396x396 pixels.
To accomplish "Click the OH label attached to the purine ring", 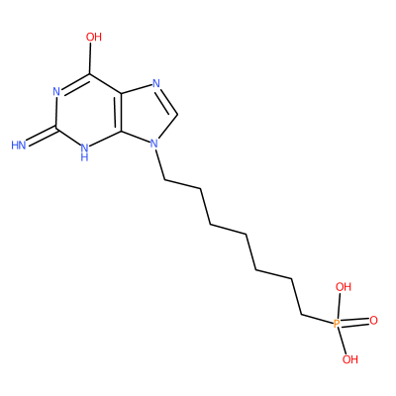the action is click(94, 37).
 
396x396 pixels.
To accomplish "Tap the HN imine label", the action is click(19, 146).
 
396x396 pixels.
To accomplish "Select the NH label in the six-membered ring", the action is click(84, 151).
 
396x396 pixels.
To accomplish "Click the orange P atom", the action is click(337, 324).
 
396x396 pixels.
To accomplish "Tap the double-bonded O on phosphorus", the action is click(373, 320).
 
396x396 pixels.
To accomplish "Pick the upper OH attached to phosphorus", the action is click(344, 287).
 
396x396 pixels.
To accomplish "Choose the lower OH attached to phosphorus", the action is click(350, 359).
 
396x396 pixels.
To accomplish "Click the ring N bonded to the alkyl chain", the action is click(153, 144).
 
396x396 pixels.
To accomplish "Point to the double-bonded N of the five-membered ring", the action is click(156, 83).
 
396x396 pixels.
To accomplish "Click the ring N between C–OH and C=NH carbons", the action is click(56, 92).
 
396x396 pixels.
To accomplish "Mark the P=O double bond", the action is click(354, 322).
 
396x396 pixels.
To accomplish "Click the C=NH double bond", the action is click(42, 136).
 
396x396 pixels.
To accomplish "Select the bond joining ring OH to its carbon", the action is click(90, 58).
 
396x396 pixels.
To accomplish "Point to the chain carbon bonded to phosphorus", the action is click(302, 314).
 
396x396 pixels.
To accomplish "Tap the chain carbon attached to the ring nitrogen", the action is click(164, 180).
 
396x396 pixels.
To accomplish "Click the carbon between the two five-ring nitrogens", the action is click(178, 115).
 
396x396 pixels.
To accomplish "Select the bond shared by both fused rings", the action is click(121, 112).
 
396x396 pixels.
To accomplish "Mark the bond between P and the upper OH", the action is click(340, 306).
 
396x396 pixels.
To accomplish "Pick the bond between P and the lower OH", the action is click(343, 342).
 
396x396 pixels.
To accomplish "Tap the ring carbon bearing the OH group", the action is click(90, 74).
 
